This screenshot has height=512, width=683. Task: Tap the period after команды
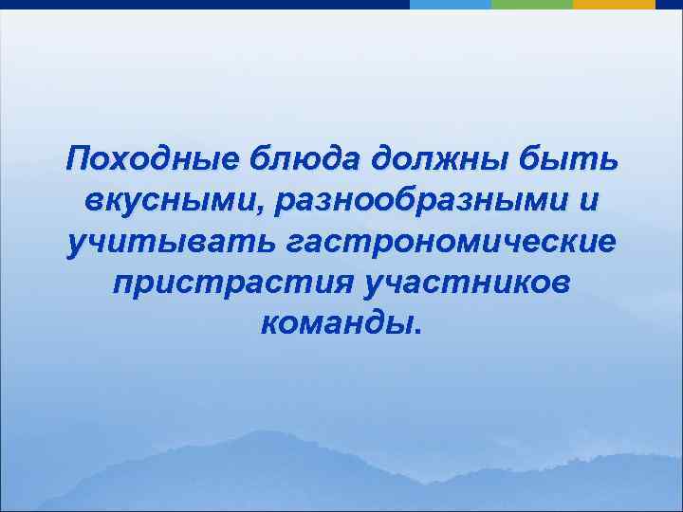[414, 333]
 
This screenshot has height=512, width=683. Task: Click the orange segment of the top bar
[615, 4]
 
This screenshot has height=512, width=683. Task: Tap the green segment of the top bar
[532, 4]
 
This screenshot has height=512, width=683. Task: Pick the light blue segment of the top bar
[451, 4]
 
